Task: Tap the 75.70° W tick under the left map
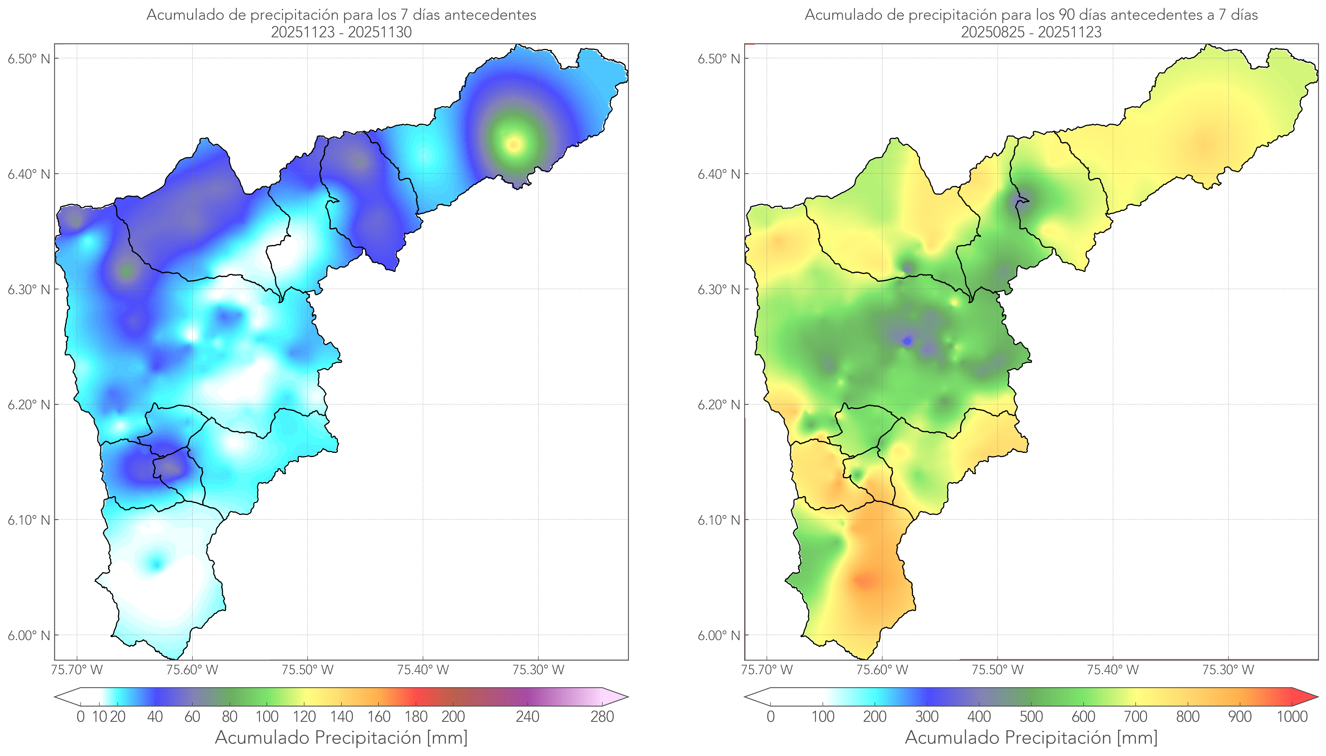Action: [77, 670]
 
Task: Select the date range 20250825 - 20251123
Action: [1031, 32]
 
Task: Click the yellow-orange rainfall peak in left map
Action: [514, 144]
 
